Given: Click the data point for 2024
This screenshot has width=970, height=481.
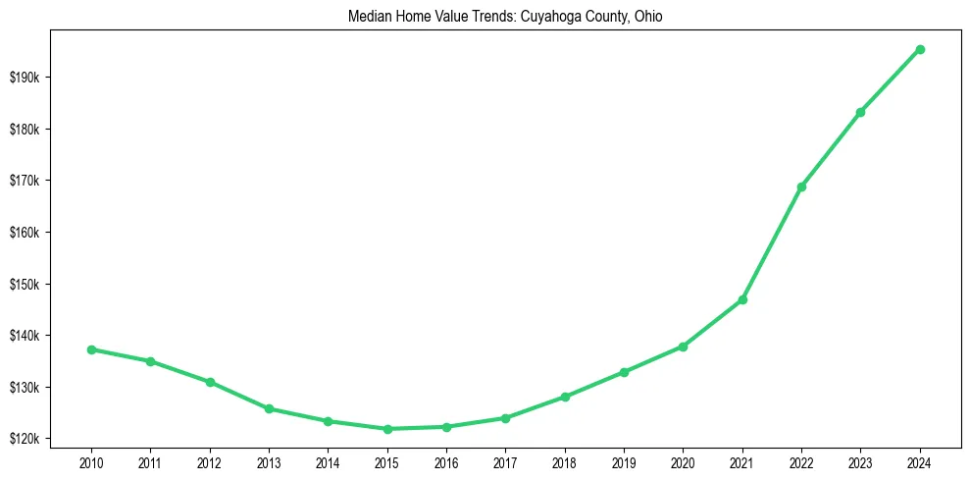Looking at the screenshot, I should pyautogui.click(x=920, y=49).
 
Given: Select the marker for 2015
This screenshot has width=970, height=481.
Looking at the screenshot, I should pyautogui.click(x=387, y=429).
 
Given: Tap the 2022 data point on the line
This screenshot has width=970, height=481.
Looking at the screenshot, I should pyautogui.click(x=801, y=187).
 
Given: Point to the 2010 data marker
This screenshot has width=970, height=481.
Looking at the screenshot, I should pyautogui.click(x=91, y=349).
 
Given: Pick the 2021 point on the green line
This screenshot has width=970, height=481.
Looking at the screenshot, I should pyautogui.click(x=742, y=299).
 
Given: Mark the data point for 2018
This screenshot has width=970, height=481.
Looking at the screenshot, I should pyautogui.click(x=565, y=397).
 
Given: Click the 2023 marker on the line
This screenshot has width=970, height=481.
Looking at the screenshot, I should pyautogui.click(x=860, y=112).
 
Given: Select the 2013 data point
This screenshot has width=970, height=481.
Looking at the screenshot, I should pyautogui.click(x=269, y=408).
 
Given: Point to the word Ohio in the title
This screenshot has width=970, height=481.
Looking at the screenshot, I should pyautogui.click(x=648, y=17).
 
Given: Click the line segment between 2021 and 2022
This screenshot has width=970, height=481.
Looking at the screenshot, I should pyautogui.click(x=772, y=243).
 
